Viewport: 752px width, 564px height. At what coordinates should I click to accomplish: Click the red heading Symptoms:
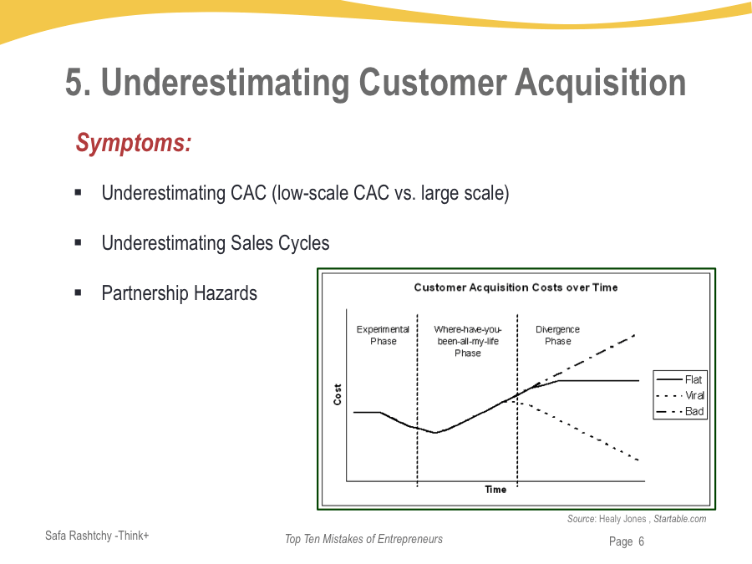(x=134, y=144)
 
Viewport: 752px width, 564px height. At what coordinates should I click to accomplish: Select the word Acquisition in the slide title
(x=601, y=83)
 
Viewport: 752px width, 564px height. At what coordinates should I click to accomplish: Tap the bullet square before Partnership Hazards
(x=79, y=292)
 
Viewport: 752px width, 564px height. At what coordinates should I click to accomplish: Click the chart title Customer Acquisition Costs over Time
(x=516, y=287)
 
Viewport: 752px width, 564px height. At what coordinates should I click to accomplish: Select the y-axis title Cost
(x=338, y=394)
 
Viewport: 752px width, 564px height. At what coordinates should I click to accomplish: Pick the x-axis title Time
(x=495, y=490)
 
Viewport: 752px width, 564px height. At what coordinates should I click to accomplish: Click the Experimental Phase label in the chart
(x=383, y=335)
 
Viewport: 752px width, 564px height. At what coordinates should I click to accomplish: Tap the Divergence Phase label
(x=558, y=335)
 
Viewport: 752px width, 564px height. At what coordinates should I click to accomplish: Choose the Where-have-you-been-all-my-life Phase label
(x=468, y=341)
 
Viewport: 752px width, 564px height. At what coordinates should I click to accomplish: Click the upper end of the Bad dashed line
(x=636, y=335)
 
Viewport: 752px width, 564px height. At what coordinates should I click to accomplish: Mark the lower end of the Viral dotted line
(x=639, y=460)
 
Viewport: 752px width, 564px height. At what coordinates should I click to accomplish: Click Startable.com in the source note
(x=679, y=519)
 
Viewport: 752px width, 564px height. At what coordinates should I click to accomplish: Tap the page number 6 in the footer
(x=641, y=541)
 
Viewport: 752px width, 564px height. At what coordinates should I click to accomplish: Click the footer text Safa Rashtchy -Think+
(x=97, y=536)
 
